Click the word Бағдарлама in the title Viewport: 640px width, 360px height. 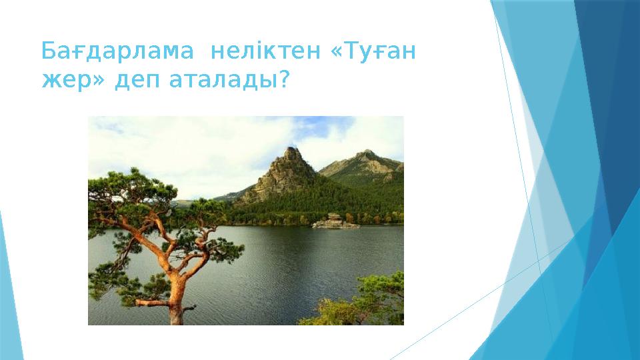click(117, 52)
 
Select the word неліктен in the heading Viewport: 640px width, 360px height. click(265, 51)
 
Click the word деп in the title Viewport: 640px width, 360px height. click(137, 81)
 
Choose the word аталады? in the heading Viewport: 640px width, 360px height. click(229, 81)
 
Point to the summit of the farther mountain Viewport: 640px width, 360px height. click(366, 151)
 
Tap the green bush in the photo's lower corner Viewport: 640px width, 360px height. click(359, 300)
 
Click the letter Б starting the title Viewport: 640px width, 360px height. click(49, 51)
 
